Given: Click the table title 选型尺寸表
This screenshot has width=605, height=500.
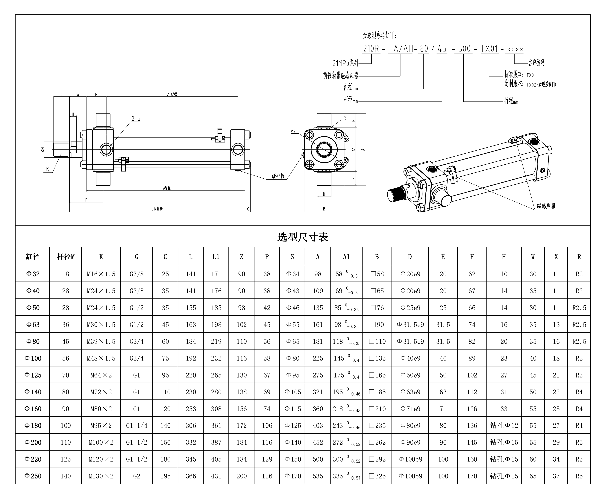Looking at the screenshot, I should coord(303,237).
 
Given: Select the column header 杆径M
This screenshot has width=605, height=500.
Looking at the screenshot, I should coord(66,257).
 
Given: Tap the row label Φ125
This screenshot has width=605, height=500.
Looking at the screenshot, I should coord(33,375).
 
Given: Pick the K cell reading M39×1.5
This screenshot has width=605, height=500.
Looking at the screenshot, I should coord(101,341).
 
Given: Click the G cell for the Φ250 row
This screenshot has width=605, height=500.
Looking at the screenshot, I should coord(137,476).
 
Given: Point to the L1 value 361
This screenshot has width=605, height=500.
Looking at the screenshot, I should coord(216,425).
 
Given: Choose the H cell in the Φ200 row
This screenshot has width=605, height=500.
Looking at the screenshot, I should coord(504,442).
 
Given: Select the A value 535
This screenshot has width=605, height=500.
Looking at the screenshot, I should coord(318,476).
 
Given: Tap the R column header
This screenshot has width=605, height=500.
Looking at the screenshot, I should coord(579,257).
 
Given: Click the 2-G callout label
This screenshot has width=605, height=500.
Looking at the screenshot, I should coord(136,118).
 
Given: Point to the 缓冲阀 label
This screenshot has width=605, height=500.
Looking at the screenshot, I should coord(278,176).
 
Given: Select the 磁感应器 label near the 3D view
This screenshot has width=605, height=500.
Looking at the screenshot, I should coord(546,206).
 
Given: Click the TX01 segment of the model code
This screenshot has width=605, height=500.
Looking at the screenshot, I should coord(489,49).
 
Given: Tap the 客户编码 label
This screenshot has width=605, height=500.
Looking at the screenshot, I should coord(536,62).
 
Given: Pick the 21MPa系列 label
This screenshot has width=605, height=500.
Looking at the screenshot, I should coord(345,63).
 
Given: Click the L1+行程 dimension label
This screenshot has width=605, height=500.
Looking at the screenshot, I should coord(157,209).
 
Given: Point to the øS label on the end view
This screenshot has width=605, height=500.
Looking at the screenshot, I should coord(293,131).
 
